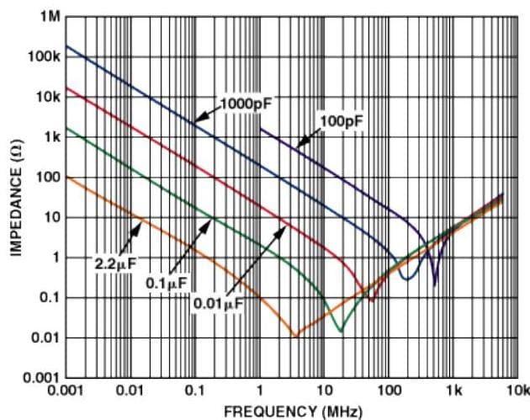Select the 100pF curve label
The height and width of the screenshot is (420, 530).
pyautogui.click(x=342, y=121)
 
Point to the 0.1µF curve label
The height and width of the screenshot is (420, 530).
pyautogui.click(x=166, y=284)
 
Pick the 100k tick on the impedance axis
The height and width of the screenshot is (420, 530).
pyautogui.click(x=44, y=56)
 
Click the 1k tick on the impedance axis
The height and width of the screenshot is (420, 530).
pyautogui.click(x=50, y=137)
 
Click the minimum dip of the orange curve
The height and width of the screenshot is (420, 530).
pyautogui.click(x=294, y=336)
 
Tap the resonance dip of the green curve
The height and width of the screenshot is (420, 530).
pyautogui.click(x=339, y=330)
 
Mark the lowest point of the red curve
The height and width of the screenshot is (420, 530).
pyautogui.click(x=371, y=299)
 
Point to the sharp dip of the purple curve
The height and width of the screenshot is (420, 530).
pyautogui.click(x=435, y=284)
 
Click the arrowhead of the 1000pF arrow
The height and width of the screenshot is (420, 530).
pyautogui.click(x=195, y=123)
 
